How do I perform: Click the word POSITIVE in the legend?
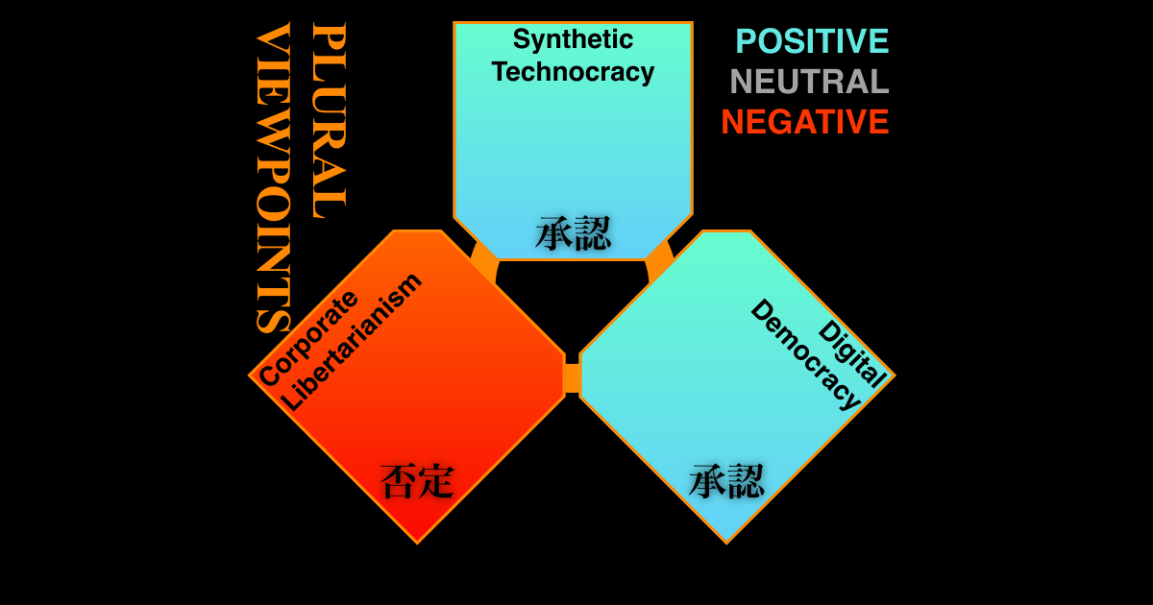point(812,41)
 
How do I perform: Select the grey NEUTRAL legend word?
point(810,82)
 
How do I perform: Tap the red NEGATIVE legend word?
point(805,121)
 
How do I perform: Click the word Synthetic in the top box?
point(573,40)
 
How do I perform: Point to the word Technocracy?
point(573,71)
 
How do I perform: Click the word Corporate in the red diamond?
point(307,338)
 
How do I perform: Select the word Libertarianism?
point(352,342)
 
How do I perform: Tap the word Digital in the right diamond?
point(852,354)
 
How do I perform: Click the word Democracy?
point(806,355)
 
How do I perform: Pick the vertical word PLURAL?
point(329,121)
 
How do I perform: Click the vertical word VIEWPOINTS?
point(273,178)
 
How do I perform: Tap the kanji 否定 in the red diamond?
point(417,481)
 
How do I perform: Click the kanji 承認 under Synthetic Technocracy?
point(573,233)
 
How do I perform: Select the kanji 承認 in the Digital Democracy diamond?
point(726,481)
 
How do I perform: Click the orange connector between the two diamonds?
point(573,378)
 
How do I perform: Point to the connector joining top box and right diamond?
point(659,261)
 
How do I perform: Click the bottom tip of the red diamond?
point(417,544)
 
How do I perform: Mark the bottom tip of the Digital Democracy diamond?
point(726,544)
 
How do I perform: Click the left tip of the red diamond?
point(249,376)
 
